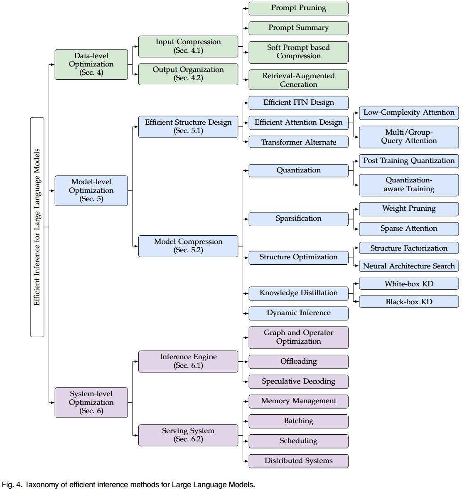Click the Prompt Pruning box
(298, 8)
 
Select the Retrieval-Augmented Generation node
(298, 80)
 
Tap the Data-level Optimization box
(91, 64)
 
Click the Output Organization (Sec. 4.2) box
(188, 74)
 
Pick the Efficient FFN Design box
(298, 103)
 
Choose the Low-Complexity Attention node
(409, 113)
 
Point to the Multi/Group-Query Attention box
(409, 137)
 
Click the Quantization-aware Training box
(409, 185)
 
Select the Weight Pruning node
(409, 209)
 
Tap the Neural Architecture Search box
(409, 266)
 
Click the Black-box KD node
(409, 302)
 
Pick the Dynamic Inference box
(298, 313)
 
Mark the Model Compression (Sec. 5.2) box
(188, 246)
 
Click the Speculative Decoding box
(298, 382)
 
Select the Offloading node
(298, 362)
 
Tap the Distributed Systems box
(298, 461)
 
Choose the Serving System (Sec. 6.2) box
(188, 435)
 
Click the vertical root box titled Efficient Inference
(37, 227)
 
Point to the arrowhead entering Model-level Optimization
(52, 191)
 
